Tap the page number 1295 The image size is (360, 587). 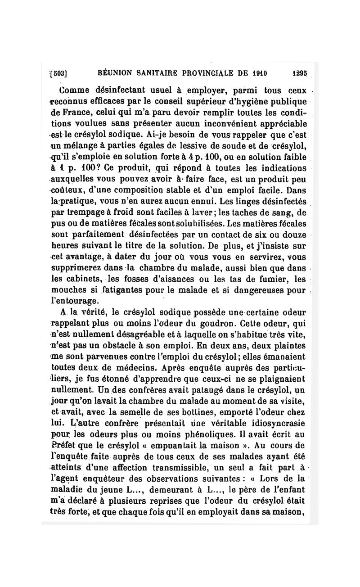299,72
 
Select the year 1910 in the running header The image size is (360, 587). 260,72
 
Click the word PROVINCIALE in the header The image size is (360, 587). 201,72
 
